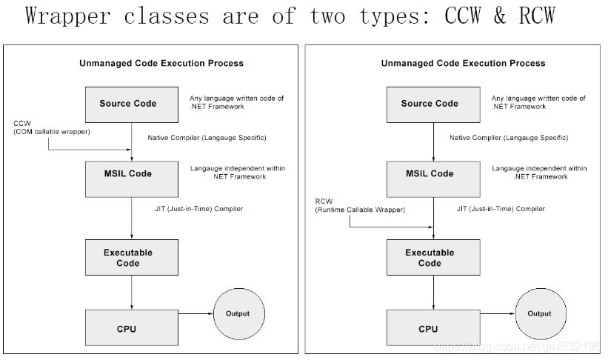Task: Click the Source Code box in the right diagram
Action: point(430,104)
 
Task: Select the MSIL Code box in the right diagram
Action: point(430,173)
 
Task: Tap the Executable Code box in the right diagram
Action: point(430,258)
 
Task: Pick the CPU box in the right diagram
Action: point(430,328)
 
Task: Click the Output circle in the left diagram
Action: point(237,313)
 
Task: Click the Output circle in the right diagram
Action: point(539,313)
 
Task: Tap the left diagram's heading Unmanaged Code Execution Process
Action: point(161,64)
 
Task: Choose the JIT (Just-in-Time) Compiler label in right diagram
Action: point(501,209)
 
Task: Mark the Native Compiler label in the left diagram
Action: point(196,137)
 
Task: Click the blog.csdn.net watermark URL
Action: point(519,346)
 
